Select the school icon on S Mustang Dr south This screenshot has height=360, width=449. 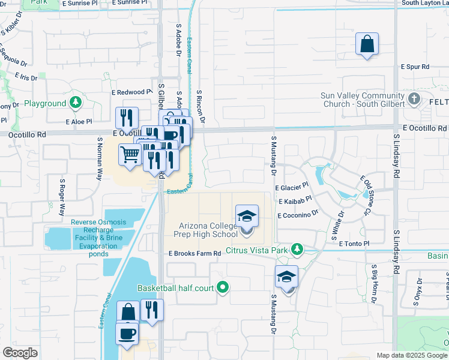(x=287, y=277)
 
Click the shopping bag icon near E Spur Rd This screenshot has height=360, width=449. (x=366, y=44)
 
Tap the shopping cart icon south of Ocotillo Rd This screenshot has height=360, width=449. (x=130, y=155)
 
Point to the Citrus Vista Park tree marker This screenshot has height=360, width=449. (x=296, y=249)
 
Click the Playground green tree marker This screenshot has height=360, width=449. (x=75, y=103)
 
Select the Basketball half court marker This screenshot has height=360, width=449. (x=223, y=288)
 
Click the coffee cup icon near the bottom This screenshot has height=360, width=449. (x=127, y=333)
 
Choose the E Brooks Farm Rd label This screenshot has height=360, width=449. (x=195, y=254)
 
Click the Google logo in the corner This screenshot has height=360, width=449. (x=20, y=353)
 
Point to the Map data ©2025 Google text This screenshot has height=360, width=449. (x=412, y=355)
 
